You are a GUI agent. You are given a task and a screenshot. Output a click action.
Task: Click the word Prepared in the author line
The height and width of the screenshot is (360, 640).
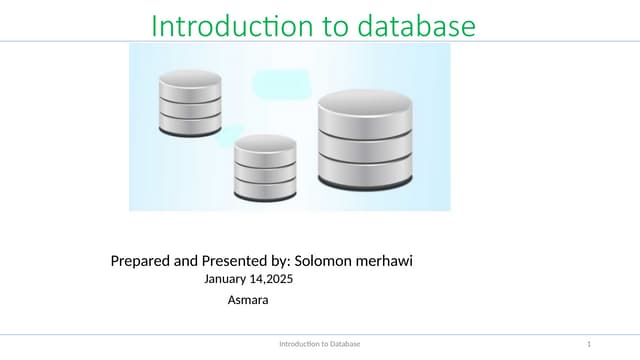click(141, 262)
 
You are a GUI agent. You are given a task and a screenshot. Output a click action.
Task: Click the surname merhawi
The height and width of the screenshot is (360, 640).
click(388, 262)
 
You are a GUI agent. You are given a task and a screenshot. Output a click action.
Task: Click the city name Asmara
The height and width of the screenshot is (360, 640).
click(248, 300)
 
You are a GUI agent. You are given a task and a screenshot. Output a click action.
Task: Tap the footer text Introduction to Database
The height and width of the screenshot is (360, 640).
click(319, 344)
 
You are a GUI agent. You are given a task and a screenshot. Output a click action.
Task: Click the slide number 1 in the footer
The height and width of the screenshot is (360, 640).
click(590, 344)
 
